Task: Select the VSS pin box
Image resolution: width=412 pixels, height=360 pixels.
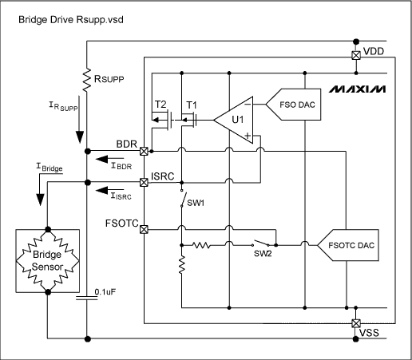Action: (356, 323)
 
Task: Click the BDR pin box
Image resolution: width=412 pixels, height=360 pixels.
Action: (144, 151)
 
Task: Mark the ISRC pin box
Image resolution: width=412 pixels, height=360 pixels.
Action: (144, 182)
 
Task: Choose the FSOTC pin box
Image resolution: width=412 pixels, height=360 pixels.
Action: (144, 230)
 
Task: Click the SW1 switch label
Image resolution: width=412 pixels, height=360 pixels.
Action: (197, 202)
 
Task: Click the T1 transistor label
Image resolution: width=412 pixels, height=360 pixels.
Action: (191, 105)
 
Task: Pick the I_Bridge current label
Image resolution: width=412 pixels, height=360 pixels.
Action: (47, 169)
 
